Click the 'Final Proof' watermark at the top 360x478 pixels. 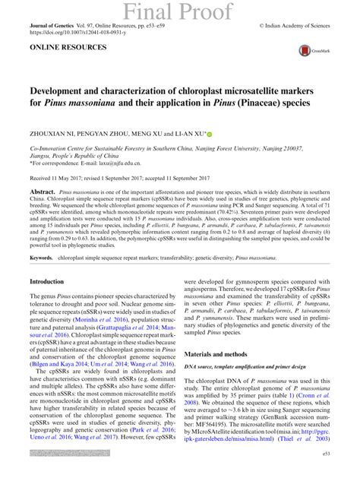point(179,11)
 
